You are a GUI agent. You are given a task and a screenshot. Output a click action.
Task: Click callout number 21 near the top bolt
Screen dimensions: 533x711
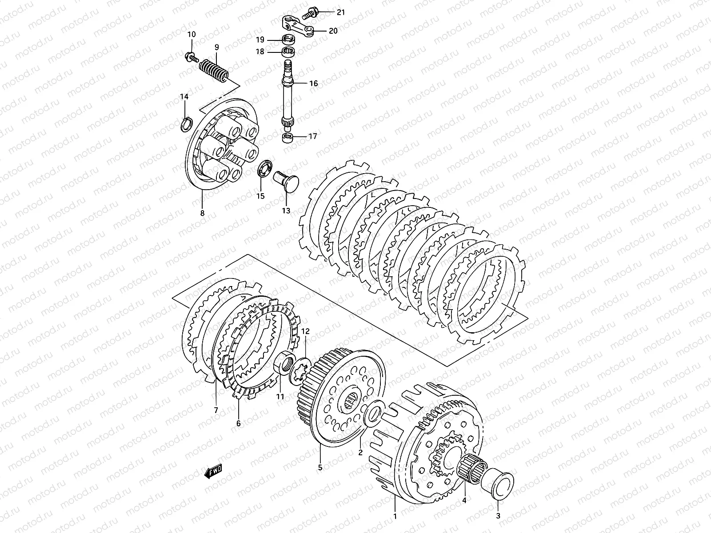click(340, 12)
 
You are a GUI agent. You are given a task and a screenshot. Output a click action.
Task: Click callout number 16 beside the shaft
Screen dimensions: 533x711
click(314, 84)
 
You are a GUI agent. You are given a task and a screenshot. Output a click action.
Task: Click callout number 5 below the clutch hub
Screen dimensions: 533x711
click(320, 467)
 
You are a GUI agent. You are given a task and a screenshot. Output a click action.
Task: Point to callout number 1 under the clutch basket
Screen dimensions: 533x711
click(395, 516)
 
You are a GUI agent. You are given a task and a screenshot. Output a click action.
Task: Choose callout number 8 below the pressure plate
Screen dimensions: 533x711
click(202, 213)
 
